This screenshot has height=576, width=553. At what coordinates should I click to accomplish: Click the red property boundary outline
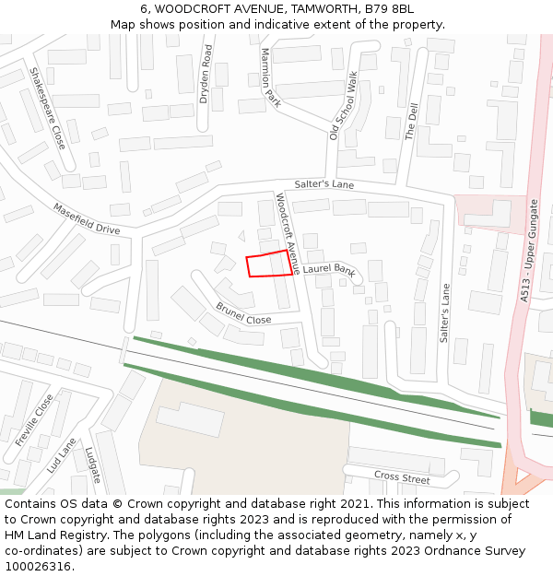click(269, 264)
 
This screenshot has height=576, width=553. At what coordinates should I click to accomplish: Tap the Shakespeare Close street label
click(48, 109)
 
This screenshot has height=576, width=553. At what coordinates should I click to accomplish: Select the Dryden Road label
click(206, 74)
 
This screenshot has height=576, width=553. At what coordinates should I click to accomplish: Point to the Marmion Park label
click(271, 78)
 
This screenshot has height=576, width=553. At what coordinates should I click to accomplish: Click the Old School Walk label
click(344, 105)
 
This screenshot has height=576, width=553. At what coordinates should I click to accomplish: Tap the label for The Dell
click(412, 121)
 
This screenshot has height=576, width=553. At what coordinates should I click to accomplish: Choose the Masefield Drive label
click(86, 218)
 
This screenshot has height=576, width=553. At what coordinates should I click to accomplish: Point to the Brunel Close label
click(243, 313)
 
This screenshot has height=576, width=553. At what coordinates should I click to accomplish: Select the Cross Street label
click(402, 476)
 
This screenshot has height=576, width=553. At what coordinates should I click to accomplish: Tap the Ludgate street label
click(92, 465)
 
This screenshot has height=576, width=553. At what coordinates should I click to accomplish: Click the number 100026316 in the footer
click(38, 566)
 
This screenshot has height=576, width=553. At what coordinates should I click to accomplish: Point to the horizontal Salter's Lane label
click(324, 185)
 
